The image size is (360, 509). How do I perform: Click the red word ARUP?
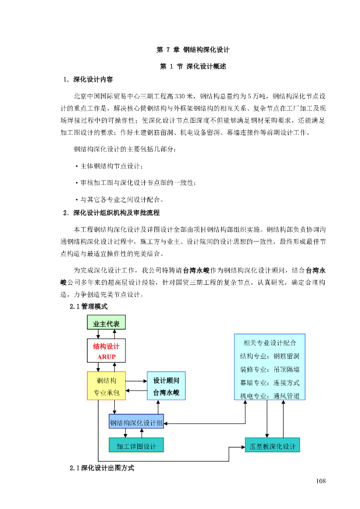click(x=106, y=357)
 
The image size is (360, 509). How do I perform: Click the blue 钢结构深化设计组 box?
click(x=136, y=423)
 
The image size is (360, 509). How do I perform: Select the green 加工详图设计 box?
click(x=136, y=446)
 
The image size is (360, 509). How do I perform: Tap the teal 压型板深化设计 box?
click(x=272, y=446)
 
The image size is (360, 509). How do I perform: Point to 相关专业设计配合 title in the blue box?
click(x=270, y=342)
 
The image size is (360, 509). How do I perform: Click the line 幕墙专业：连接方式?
click(x=270, y=383)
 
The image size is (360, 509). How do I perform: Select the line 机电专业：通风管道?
click(x=270, y=396)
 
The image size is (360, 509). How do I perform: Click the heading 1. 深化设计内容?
click(x=88, y=80)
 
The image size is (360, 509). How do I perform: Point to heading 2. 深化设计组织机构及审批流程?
click(x=111, y=213)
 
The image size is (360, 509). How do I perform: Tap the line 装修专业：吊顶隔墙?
click(x=270, y=370)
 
